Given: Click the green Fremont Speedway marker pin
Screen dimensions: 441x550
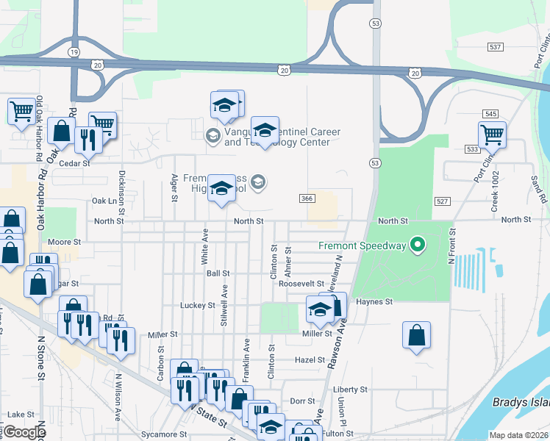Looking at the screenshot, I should [418, 244].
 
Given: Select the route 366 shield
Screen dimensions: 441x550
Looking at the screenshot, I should [307, 198].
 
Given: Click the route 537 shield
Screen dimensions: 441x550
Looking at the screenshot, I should [496, 47].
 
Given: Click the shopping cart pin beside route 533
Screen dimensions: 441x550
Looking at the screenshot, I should [492, 135].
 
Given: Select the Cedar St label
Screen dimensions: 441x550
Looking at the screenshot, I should [75, 163].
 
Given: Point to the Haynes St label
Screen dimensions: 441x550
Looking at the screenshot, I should [374, 301].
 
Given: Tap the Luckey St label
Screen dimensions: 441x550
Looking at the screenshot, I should [197, 304].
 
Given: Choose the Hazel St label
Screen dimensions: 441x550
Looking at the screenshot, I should [310, 360].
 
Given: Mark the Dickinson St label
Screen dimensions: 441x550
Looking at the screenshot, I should [121, 190].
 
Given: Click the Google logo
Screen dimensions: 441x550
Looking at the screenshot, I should [24, 432].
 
